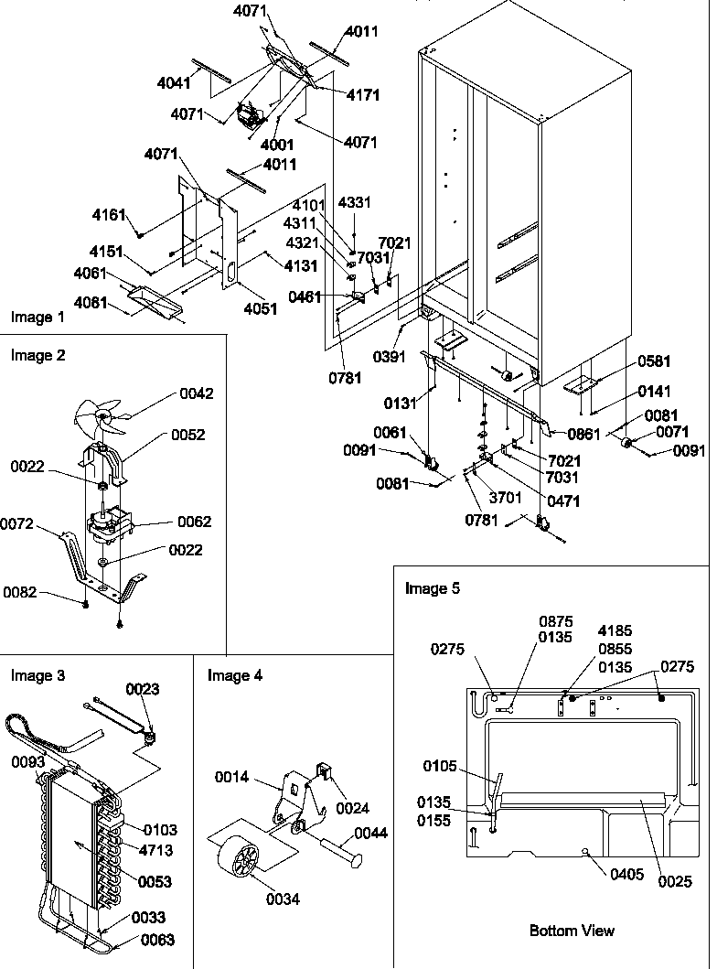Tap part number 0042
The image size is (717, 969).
195,393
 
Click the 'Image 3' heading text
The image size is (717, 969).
37,675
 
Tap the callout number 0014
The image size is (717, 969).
231,777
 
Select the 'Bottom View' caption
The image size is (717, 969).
572,931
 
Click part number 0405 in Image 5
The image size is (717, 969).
629,872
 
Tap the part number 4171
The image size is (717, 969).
363,95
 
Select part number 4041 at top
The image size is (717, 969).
174,82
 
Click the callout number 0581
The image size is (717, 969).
654,361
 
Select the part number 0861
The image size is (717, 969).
583,435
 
